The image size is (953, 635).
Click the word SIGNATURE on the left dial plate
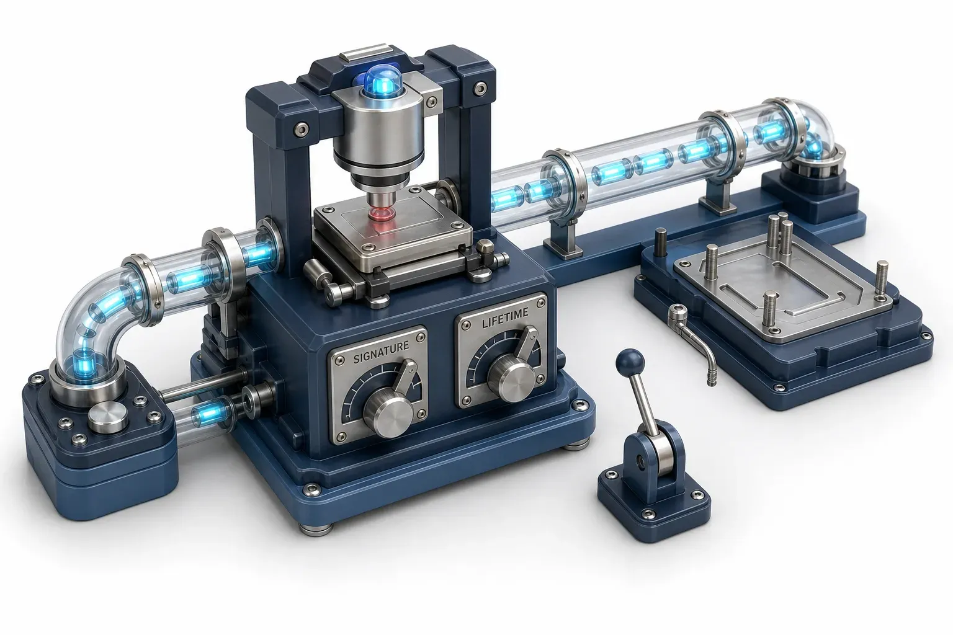381,352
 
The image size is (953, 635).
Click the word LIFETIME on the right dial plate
505,318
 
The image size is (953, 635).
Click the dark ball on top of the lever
630,362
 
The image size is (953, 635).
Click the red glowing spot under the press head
380,213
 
